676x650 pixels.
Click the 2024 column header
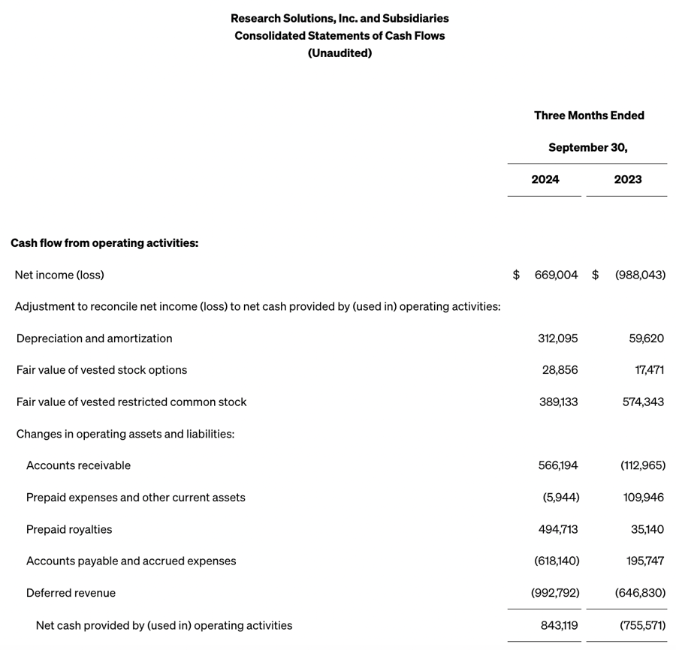click(x=545, y=179)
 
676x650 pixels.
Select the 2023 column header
click(x=627, y=179)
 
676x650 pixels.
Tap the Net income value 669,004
click(x=556, y=275)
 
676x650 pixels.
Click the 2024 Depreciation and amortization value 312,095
click(x=557, y=339)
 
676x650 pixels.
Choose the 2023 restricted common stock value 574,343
click(x=643, y=402)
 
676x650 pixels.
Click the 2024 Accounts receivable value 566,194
click(x=557, y=465)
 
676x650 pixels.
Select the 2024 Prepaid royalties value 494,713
click(x=557, y=529)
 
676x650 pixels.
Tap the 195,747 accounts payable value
click(x=644, y=561)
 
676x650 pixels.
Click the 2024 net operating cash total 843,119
click(x=559, y=625)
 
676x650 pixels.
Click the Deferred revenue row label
click(x=71, y=593)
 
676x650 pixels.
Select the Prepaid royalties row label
click(x=69, y=529)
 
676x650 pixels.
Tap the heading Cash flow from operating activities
click(x=104, y=243)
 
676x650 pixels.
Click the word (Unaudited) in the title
click(x=340, y=53)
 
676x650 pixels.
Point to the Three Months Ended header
click(x=589, y=116)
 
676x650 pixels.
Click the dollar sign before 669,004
click(x=516, y=275)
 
